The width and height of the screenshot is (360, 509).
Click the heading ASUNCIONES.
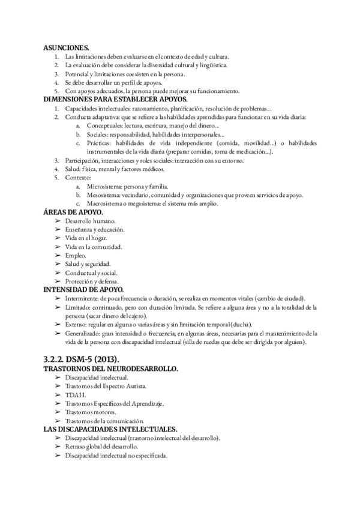click(67, 47)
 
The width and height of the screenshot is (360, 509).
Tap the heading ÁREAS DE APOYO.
click(73, 212)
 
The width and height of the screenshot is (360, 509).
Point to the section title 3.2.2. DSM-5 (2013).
click(85, 358)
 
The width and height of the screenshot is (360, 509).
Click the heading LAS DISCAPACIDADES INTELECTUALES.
click(110, 430)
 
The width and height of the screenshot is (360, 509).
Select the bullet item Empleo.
click(76, 255)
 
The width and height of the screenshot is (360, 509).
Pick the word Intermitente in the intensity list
click(84, 299)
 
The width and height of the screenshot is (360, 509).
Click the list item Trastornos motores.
click(91, 412)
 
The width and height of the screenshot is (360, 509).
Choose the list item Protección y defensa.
click(92, 281)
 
